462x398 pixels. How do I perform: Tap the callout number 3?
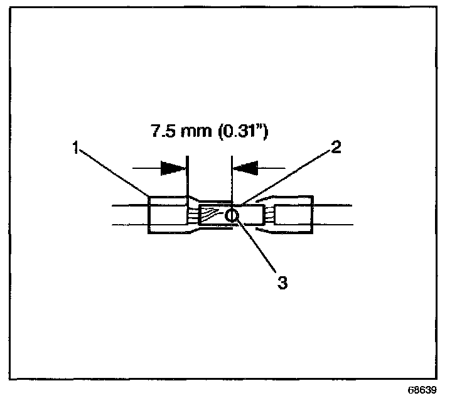(x=282, y=282)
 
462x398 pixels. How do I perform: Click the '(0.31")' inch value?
(x=237, y=132)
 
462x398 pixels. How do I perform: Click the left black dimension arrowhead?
(x=173, y=168)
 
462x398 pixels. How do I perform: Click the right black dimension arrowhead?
(x=245, y=168)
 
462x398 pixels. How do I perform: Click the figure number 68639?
(x=425, y=389)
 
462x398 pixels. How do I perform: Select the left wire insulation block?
(x=167, y=216)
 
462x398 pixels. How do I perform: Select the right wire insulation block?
(x=294, y=216)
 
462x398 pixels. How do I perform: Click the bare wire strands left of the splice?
(x=192, y=216)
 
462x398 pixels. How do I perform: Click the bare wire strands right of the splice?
(x=268, y=217)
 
